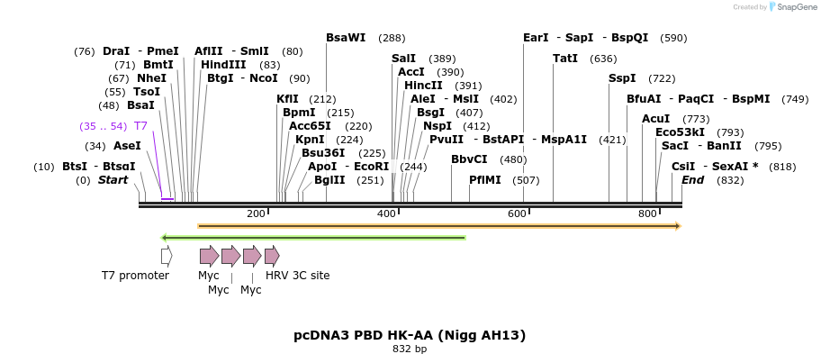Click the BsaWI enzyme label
pos(346,38)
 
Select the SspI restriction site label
pos(622,78)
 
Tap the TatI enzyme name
pos(565,59)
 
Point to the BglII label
pos(329,180)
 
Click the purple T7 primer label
pos(140,126)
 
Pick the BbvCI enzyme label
pos(469,159)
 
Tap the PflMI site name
pos(485,180)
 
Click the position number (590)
pos(673,38)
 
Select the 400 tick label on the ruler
pos(386,213)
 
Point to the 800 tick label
pos(647,213)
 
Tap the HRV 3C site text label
pos(297,276)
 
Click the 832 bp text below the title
pos(410,349)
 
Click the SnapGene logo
pos(794,7)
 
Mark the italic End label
pos(693,180)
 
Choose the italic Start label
pos(113,180)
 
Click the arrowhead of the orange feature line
pos(678,226)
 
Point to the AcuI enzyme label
pos(655,120)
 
